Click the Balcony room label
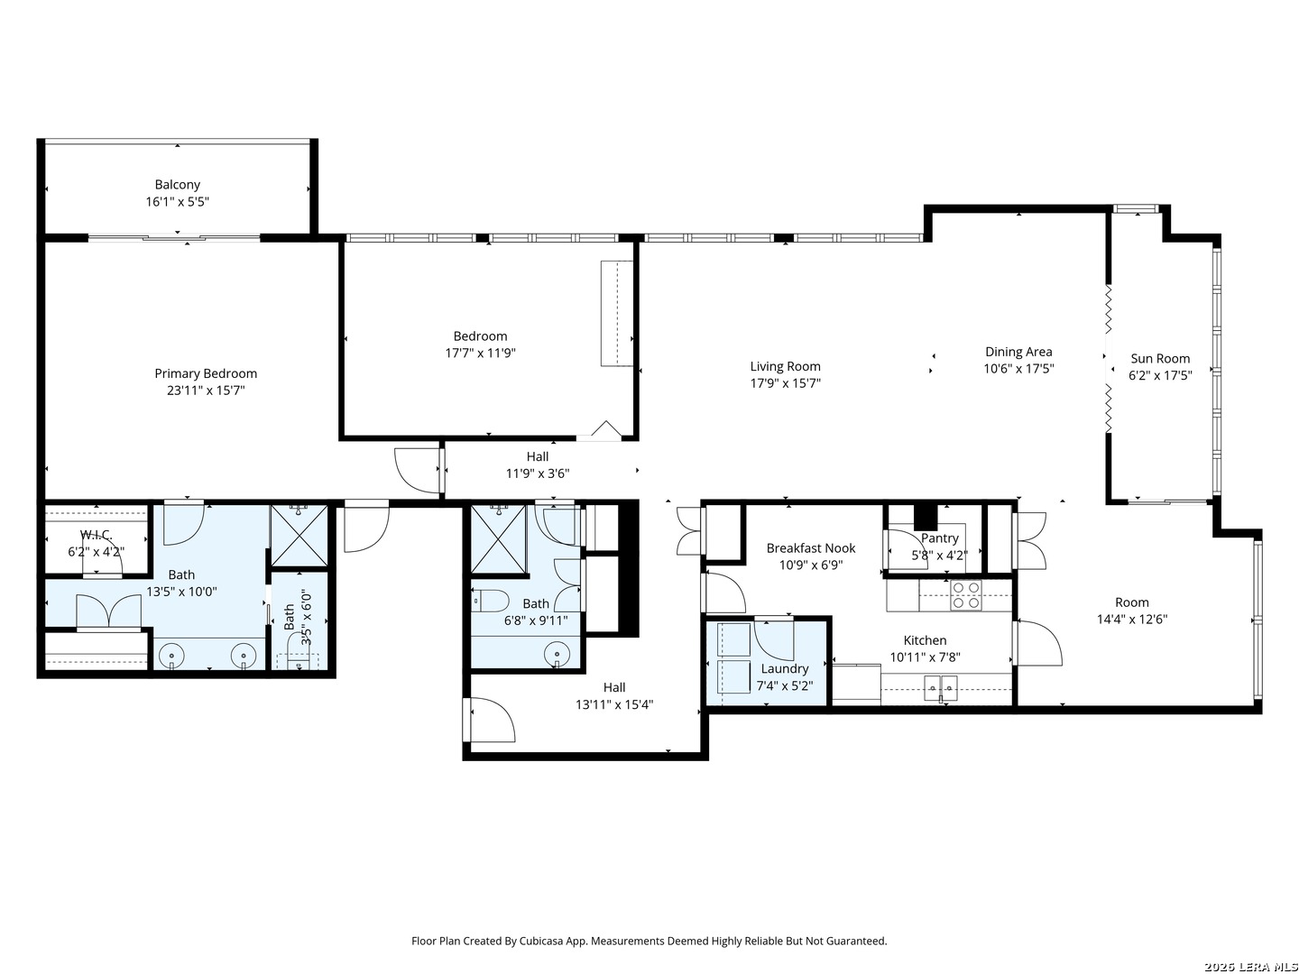pos(177,185)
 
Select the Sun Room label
pos(1160,359)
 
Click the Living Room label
pos(785,366)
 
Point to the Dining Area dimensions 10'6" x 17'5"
pos(1018,369)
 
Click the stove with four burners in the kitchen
pos(966,595)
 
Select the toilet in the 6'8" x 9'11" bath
pos(487,601)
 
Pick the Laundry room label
pos(784,668)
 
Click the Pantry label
pos(939,538)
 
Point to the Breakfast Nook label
pos(810,548)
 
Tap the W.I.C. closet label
pos(96,535)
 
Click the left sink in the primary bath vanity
pos(170,655)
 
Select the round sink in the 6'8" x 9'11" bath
pos(557,652)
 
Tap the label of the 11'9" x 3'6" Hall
pos(538,456)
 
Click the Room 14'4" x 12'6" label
pos(1131,602)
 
